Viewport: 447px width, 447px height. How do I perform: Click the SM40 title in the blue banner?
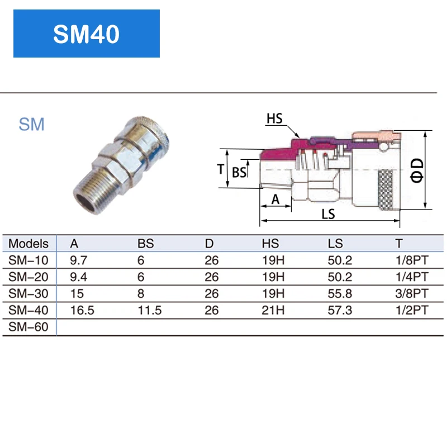[x=86, y=34]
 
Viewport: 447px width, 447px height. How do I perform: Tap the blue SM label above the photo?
[x=31, y=124]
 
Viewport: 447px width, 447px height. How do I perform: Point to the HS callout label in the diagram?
[x=274, y=118]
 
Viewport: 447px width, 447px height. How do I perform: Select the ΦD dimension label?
[x=417, y=169]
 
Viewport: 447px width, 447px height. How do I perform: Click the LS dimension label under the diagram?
[x=329, y=214]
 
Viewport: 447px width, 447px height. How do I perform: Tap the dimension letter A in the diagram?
[x=275, y=199]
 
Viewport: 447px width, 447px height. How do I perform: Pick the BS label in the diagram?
[x=239, y=173]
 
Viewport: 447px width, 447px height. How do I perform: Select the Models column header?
[x=28, y=244]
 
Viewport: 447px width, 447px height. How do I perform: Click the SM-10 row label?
[x=28, y=260]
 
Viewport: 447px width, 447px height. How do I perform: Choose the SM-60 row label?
[x=28, y=327]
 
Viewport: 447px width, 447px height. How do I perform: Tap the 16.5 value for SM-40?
[x=82, y=310]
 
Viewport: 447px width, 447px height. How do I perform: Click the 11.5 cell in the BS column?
[x=149, y=310]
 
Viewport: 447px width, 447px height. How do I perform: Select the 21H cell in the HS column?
[x=273, y=310]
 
